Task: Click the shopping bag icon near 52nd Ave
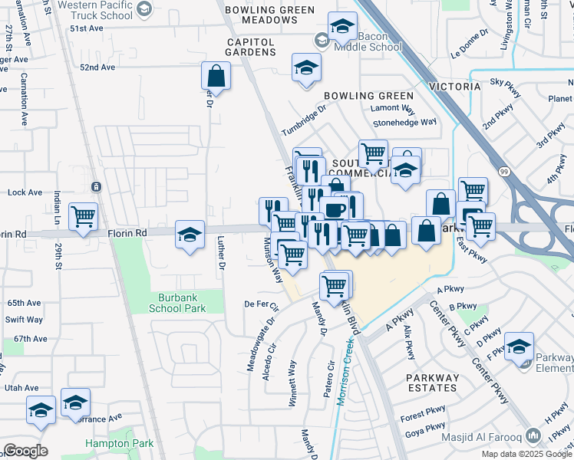coord(216,76)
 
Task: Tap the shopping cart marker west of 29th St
coord(83,215)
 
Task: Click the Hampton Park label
coord(119,443)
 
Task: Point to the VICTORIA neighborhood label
coord(455,87)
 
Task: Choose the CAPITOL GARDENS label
coord(250,47)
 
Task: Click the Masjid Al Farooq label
coord(481,439)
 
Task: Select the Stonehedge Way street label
coord(404,122)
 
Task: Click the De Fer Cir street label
coord(261,304)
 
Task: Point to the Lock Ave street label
coord(24,192)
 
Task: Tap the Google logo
coord(25,451)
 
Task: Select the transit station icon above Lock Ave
coord(96,186)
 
